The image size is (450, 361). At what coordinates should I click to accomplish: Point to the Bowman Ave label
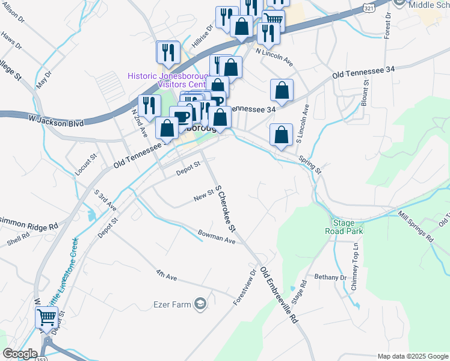coord(217,236)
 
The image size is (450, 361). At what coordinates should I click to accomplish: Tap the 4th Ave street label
coord(166,276)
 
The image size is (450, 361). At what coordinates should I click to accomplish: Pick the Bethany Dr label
coord(331,277)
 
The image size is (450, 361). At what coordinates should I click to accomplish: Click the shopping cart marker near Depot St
coord(47,317)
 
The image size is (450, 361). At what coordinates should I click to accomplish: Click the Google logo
coord(20,354)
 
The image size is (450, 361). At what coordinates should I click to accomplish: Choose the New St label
coord(204,196)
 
